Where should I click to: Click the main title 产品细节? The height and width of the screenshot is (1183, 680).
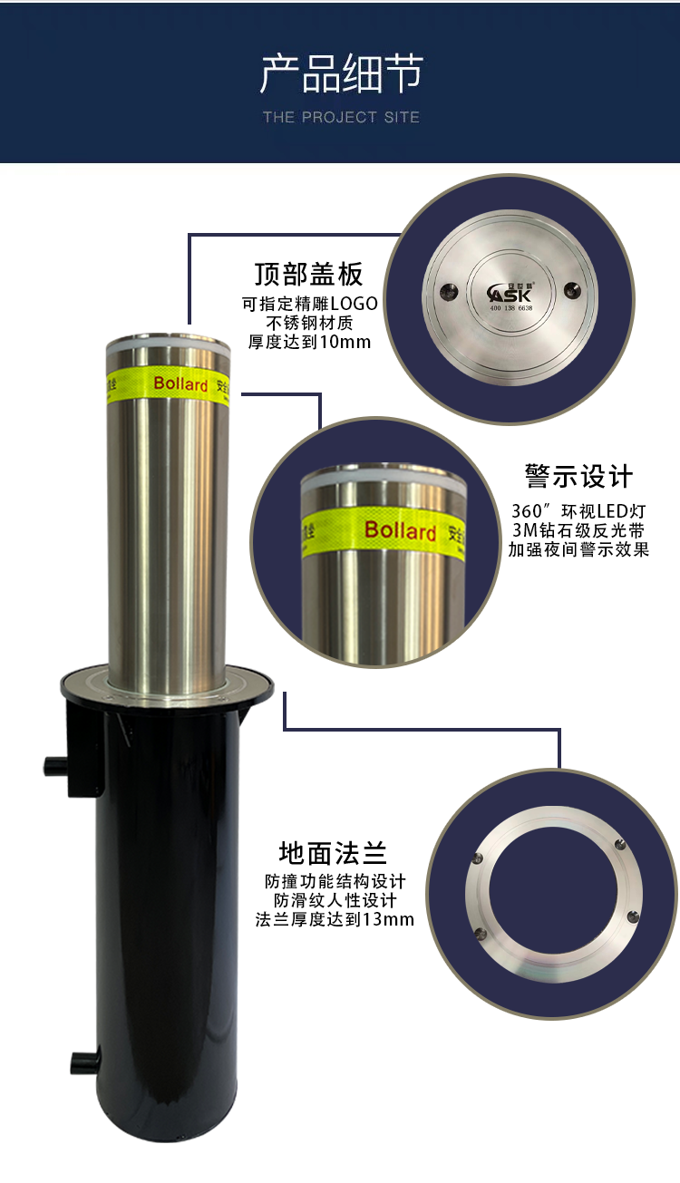341,73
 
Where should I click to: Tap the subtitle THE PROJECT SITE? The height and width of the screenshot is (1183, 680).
341,117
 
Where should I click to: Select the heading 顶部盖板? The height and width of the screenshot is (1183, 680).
309,274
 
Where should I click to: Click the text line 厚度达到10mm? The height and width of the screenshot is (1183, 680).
309,342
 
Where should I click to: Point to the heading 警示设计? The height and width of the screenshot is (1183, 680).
578,476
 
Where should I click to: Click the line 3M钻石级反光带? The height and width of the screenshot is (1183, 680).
578,530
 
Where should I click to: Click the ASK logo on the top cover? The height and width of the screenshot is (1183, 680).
510,293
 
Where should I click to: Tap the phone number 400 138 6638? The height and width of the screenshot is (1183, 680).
511,308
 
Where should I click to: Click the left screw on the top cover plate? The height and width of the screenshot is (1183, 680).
448,289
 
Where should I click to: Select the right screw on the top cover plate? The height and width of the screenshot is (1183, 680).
572,289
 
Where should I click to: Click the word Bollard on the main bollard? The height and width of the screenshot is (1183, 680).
180,383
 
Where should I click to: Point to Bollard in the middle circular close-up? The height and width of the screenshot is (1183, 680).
400,530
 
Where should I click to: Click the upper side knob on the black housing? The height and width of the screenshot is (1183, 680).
55,766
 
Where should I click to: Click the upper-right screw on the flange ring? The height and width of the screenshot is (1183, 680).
621,845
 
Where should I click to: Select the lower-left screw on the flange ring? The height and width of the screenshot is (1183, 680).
481,933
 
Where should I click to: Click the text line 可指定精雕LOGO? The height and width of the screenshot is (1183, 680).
310,304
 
